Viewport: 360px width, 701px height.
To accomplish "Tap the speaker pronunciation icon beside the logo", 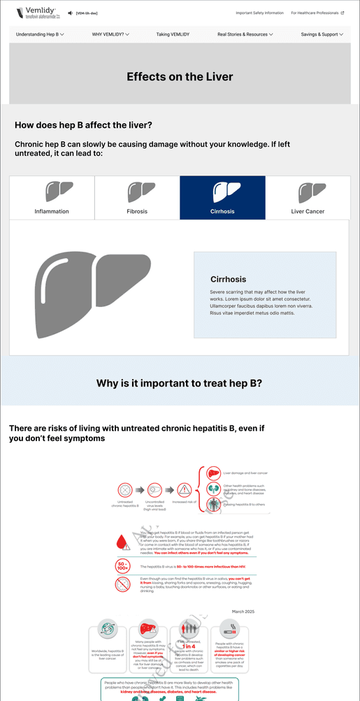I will coord(71,13).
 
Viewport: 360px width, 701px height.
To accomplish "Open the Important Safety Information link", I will coord(259,13).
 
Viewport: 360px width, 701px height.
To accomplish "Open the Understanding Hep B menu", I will coord(40,34).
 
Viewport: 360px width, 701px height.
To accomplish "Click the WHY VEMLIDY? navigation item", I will coord(110,34).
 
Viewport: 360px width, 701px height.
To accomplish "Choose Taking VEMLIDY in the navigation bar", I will coord(173,34).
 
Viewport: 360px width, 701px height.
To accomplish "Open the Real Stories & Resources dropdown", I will coord(245,34).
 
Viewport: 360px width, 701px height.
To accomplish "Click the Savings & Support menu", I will coord(322,34).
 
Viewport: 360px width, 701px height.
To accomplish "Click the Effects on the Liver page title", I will coord(180,77).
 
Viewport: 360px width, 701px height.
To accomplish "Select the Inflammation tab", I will coord(52,197).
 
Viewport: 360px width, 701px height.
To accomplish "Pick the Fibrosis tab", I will coord(137,197).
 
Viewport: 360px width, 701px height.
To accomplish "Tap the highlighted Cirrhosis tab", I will coord(222,197).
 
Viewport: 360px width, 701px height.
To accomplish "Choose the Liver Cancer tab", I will coord(308,197).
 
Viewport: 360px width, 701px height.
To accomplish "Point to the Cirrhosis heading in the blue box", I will coord(228,279).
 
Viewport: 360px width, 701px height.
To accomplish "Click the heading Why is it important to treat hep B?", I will coord(180,383).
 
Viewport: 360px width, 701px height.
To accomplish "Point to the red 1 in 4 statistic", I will coord(189,646).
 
